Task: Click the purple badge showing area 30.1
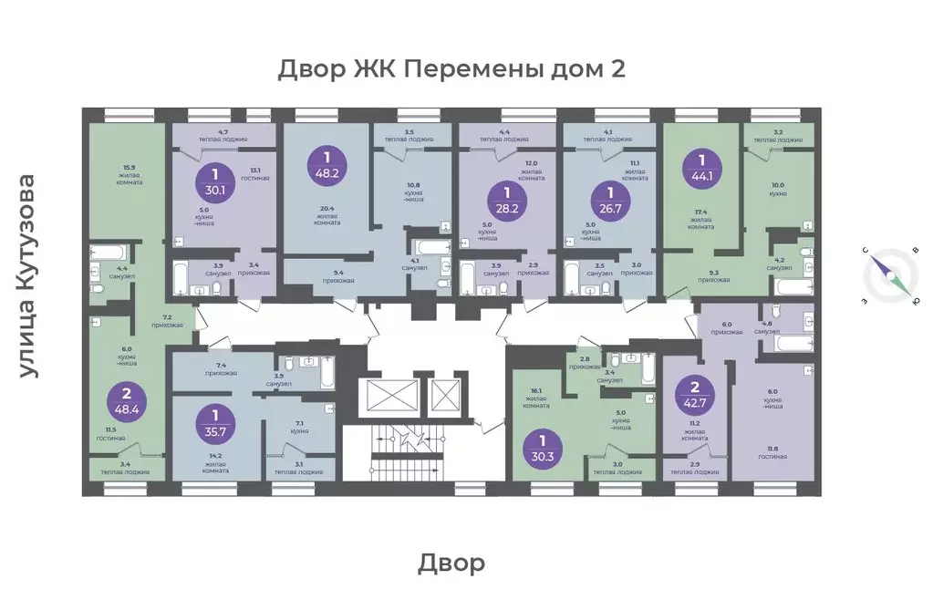pyautogui.click(x=215, y=181)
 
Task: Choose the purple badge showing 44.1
pyautogui.click(x=703, y=169)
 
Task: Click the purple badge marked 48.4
pyautogui.click(x=127, y=402)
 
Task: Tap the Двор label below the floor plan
pyautogui.click(x=452, y=563)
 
